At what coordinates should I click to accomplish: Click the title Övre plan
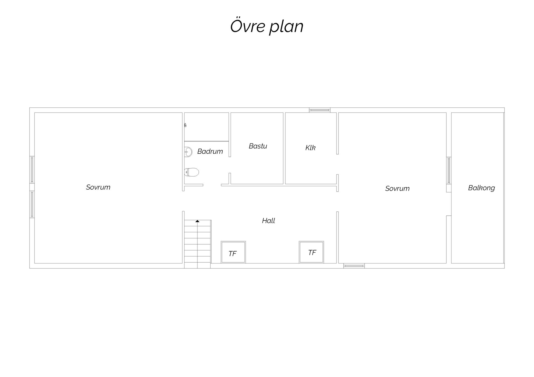point(267,27)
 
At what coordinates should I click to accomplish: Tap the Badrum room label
point(210,151)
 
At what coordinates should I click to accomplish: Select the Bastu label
point(258,146)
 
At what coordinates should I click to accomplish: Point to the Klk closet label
point(310,148)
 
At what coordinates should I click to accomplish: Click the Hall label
point(268,221)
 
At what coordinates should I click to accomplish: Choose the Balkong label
point(481,188)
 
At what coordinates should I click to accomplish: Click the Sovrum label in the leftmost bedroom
point(98,187)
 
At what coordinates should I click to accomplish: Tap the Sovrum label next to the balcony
point(397,188)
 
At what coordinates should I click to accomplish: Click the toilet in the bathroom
point(192,172)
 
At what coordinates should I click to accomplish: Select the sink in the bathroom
point(188,152)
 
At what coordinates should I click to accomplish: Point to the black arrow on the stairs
point(197,221)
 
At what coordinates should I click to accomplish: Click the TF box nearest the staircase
point(233,252)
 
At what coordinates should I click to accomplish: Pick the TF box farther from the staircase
point(311,252)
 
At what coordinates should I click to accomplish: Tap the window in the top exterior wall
point(320,110)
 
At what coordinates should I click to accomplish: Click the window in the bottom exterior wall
point(354,266)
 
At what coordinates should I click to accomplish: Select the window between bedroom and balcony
point(449,170)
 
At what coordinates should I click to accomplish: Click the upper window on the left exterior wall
point(32,170)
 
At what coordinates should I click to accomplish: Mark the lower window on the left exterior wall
point(32,204)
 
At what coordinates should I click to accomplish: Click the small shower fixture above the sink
point(185,125)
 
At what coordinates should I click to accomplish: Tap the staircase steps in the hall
point(197,244)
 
